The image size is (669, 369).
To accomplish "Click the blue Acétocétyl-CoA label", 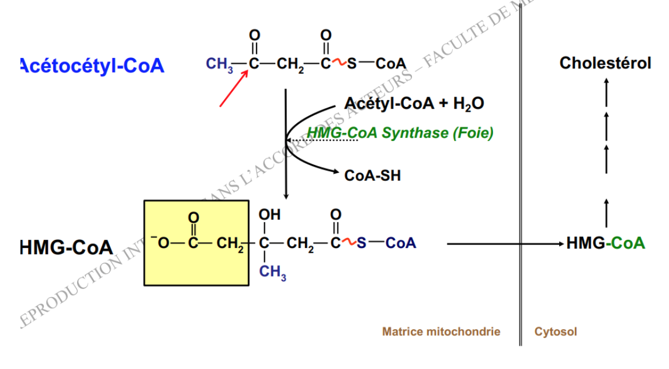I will pos(92,65).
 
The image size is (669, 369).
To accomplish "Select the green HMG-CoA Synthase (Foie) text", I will pos(400,133).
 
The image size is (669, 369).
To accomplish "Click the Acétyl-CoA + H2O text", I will pos(414,104).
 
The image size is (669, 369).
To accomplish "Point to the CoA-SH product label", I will pos(373,175).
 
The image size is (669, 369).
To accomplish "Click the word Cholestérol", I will pos(605,63).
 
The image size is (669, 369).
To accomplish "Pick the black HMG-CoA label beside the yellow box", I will pos(66,247).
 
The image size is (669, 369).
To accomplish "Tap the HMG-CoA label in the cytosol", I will pos(605,243).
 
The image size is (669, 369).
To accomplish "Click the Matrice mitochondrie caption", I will pos(441,332).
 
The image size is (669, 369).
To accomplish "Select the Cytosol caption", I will pos(556,332).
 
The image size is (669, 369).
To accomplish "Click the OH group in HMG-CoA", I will pos(269,215).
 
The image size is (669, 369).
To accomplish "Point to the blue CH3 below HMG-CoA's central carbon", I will pos(273,273).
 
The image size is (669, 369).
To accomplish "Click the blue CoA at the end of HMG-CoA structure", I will pos(400,243).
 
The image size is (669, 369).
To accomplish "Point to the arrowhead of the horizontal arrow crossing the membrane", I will pos(560,243).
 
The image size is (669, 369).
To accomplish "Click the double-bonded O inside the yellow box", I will pos(193,218).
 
